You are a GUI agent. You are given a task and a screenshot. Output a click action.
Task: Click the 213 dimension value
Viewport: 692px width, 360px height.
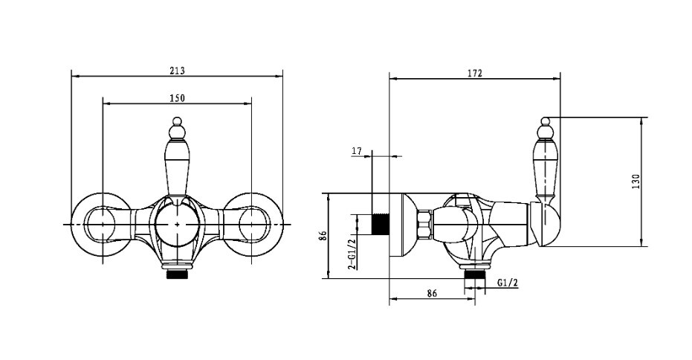(x=177, y=70)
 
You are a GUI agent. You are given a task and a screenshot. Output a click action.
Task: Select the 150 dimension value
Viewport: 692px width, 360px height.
(x=178, y=98)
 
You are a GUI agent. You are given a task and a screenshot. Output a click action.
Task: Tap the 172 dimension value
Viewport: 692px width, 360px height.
(x=475, y=74)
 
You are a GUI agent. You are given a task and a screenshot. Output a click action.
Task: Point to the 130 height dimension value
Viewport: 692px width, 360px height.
(x=636, y=181)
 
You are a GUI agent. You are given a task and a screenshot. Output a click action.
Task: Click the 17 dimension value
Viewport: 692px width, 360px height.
(x=357, y=151)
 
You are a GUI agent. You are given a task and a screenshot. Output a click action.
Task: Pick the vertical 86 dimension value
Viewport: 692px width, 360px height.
(x=323, y=235)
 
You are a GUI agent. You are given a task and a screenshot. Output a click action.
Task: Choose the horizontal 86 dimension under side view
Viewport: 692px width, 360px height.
(x=432, y=293)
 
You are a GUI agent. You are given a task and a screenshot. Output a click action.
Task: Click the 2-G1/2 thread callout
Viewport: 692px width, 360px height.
(x=352, y=254)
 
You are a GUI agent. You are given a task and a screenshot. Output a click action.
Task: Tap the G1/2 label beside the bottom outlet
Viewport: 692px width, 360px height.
(x=507, y=283)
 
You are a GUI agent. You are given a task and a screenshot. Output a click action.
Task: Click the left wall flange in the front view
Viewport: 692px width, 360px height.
(x=103, y=225)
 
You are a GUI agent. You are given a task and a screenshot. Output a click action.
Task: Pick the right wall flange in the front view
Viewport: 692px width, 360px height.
(x=251, y=225)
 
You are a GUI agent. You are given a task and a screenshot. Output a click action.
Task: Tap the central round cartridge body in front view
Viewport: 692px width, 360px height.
(x=177, y=225)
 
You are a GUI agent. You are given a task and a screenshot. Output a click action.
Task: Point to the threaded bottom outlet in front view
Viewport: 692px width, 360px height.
(x=177, y=274)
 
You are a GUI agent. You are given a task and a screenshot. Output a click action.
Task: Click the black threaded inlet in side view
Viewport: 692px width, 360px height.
(x=381, y=224)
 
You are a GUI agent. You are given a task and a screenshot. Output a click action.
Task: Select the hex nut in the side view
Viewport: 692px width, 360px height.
(x=424, y=224)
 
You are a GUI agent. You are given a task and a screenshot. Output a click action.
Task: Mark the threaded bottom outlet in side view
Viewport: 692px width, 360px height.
(x=475, y=274)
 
